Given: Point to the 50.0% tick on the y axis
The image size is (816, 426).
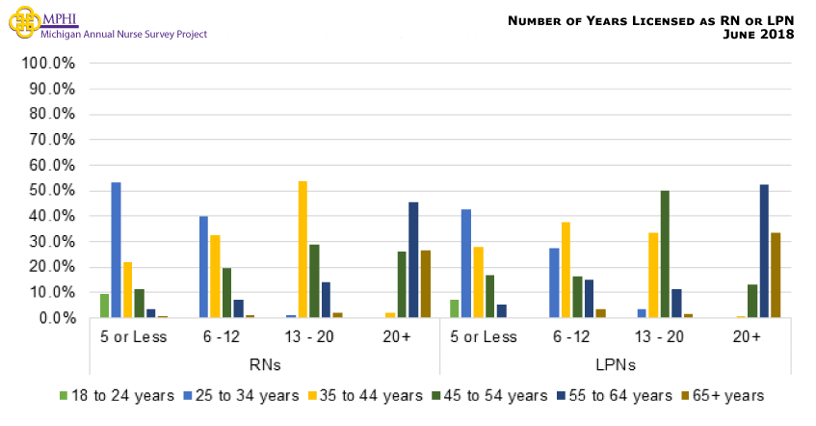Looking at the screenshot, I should point(49,191).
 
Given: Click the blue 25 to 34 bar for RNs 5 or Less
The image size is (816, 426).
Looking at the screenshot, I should point(116,250).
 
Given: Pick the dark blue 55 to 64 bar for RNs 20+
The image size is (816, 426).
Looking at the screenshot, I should point(413,259).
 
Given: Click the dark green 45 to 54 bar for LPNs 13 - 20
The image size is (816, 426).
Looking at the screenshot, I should point(665,254).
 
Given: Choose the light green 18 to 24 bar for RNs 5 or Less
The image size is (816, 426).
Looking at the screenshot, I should point(104,306).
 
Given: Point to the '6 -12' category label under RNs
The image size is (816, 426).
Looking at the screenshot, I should point(221,336).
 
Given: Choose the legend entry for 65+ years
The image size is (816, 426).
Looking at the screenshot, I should point(723,395).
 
